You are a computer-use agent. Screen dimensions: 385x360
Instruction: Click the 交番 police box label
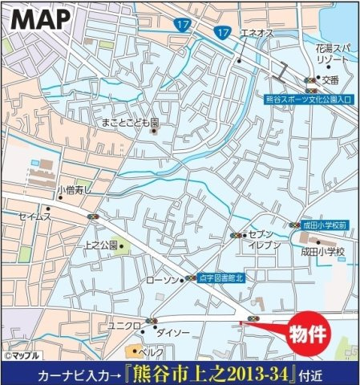point(332,80)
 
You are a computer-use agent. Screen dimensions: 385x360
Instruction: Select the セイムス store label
point(37,217)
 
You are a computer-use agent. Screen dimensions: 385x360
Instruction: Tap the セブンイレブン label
point(265,238)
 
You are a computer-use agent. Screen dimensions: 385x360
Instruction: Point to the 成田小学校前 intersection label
point(324,226)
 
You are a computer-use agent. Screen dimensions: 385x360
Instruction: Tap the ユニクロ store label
point(124,325)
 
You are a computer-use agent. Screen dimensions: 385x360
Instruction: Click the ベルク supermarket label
point(152,351)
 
